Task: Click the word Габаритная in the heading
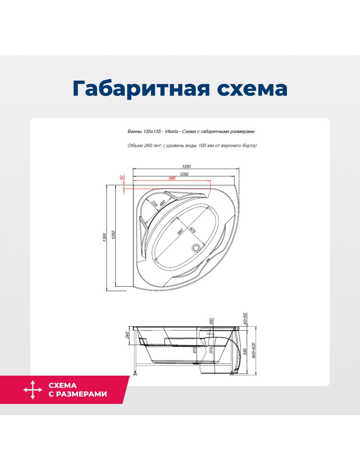coord(141,89)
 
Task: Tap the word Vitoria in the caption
coord(171,131)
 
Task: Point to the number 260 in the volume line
coord(148,145)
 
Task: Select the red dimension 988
coord(172,178)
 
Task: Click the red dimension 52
coord(122,177)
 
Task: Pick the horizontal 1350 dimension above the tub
coord(186,166)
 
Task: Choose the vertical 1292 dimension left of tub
coord(113,235)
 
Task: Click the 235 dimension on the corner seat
coord(154,204)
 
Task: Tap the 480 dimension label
coord(162,203)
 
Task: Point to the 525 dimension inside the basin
coord(193,230)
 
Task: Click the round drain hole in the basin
coord(196,248)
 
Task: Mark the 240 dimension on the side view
coord(127,335)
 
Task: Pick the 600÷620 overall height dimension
coord(253,350)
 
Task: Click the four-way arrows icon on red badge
coord(33,390)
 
